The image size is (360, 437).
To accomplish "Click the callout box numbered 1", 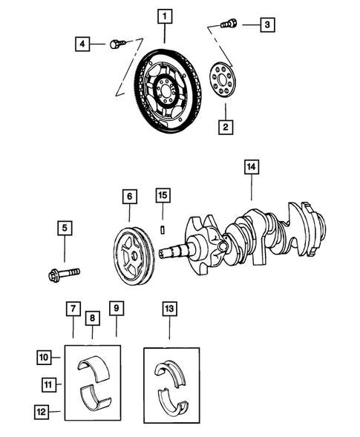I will tap(165, 15).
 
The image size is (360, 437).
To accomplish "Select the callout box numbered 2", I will tap(223, 127).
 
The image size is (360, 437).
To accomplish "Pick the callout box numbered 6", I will tap(130, 197).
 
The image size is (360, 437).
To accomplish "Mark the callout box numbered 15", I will tap(163, 196).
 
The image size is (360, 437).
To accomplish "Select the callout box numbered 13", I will tap(170, 307).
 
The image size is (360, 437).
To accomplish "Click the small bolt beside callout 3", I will tap(229, 24).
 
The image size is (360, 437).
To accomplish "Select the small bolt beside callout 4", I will tap(115, 45).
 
